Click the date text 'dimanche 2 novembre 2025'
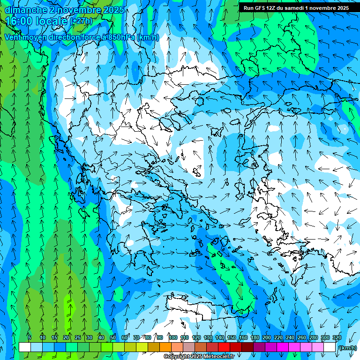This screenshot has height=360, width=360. coord(64,10)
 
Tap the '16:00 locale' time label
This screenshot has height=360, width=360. coord(37,21)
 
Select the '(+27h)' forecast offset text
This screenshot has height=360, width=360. coord(82,22)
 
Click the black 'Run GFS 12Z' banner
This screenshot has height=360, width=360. coord(296,8)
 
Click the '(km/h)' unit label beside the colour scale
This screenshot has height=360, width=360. coord(347,348)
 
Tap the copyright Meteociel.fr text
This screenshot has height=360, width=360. coord(199,357)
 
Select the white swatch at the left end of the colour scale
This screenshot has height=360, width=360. coord(25,347)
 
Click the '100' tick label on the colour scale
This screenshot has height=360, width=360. coord(173,338)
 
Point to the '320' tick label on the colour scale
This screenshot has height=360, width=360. coord(337,338)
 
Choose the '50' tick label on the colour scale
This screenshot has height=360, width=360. coord(113,338)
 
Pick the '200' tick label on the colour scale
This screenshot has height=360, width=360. coord(267,338)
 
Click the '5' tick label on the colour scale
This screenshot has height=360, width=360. coord(30,338)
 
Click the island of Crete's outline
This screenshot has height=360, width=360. coord(197,307)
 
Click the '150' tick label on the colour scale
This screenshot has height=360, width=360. coord(232,338)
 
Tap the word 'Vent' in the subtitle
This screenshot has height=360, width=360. coord(13,37)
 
